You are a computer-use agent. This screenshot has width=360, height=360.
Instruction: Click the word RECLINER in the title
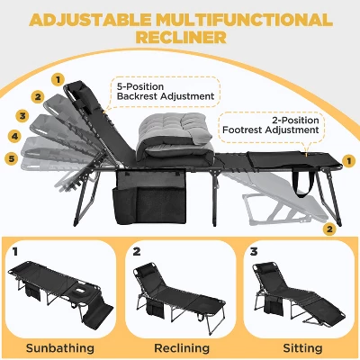point(181,38)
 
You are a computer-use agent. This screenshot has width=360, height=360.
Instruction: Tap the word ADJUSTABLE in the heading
point(90,20)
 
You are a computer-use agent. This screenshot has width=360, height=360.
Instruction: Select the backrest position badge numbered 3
point(22,116)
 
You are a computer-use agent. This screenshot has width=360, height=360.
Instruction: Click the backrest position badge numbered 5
point(12,158)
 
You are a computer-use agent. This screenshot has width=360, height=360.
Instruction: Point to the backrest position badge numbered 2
point(38,97)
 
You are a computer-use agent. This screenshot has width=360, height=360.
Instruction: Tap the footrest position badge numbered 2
point(329,229)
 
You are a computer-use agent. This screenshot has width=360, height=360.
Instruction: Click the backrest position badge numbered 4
point(14,137)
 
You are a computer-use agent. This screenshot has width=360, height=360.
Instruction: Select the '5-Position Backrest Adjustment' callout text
point(166,92)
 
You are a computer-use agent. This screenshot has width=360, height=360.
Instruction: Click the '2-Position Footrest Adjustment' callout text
point(271,125)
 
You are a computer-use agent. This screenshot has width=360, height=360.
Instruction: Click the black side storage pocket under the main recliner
point(150,196)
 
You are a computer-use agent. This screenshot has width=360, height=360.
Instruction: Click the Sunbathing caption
point(60,348)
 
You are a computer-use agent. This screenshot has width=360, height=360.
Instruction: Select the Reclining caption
point(182,348)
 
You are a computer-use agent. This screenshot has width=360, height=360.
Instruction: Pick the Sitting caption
point(302,348)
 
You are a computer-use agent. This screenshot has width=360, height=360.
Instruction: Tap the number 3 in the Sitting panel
point(254,251)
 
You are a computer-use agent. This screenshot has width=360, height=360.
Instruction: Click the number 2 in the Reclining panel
point(137,251)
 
